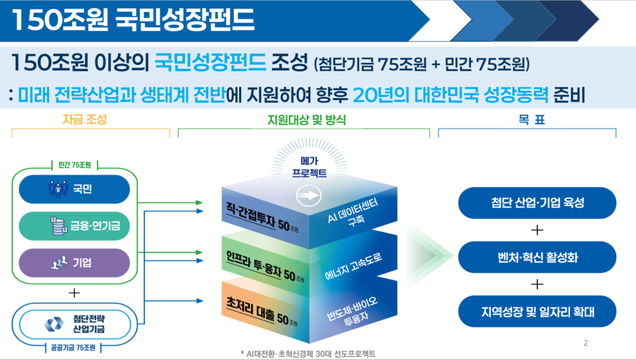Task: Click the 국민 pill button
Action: tap(74, 189)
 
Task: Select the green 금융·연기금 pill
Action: tap(74, 226)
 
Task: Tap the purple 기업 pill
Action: tap(74, 263)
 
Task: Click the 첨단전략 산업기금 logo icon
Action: tap(54, 324)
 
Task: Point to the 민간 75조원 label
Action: tap(75, 165)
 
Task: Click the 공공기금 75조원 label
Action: tap(73, 348)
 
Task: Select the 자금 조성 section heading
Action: tap(85, 119)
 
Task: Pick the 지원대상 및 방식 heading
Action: tap(307, 120)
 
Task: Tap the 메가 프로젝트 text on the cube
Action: tap(309, 167)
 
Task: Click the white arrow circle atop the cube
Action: tap(309, 196)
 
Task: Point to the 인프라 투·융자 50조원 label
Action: tap(265, 266)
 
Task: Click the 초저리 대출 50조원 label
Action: tap(262, 312)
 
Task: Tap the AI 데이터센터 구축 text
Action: tap(354, 212)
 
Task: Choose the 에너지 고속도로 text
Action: tap(353, 267)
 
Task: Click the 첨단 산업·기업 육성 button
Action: tap(537, 202)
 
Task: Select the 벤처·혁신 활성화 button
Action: tap(537, 257)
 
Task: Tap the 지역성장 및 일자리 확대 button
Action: tap(537, 312)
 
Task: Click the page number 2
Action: tap(586, 343)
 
